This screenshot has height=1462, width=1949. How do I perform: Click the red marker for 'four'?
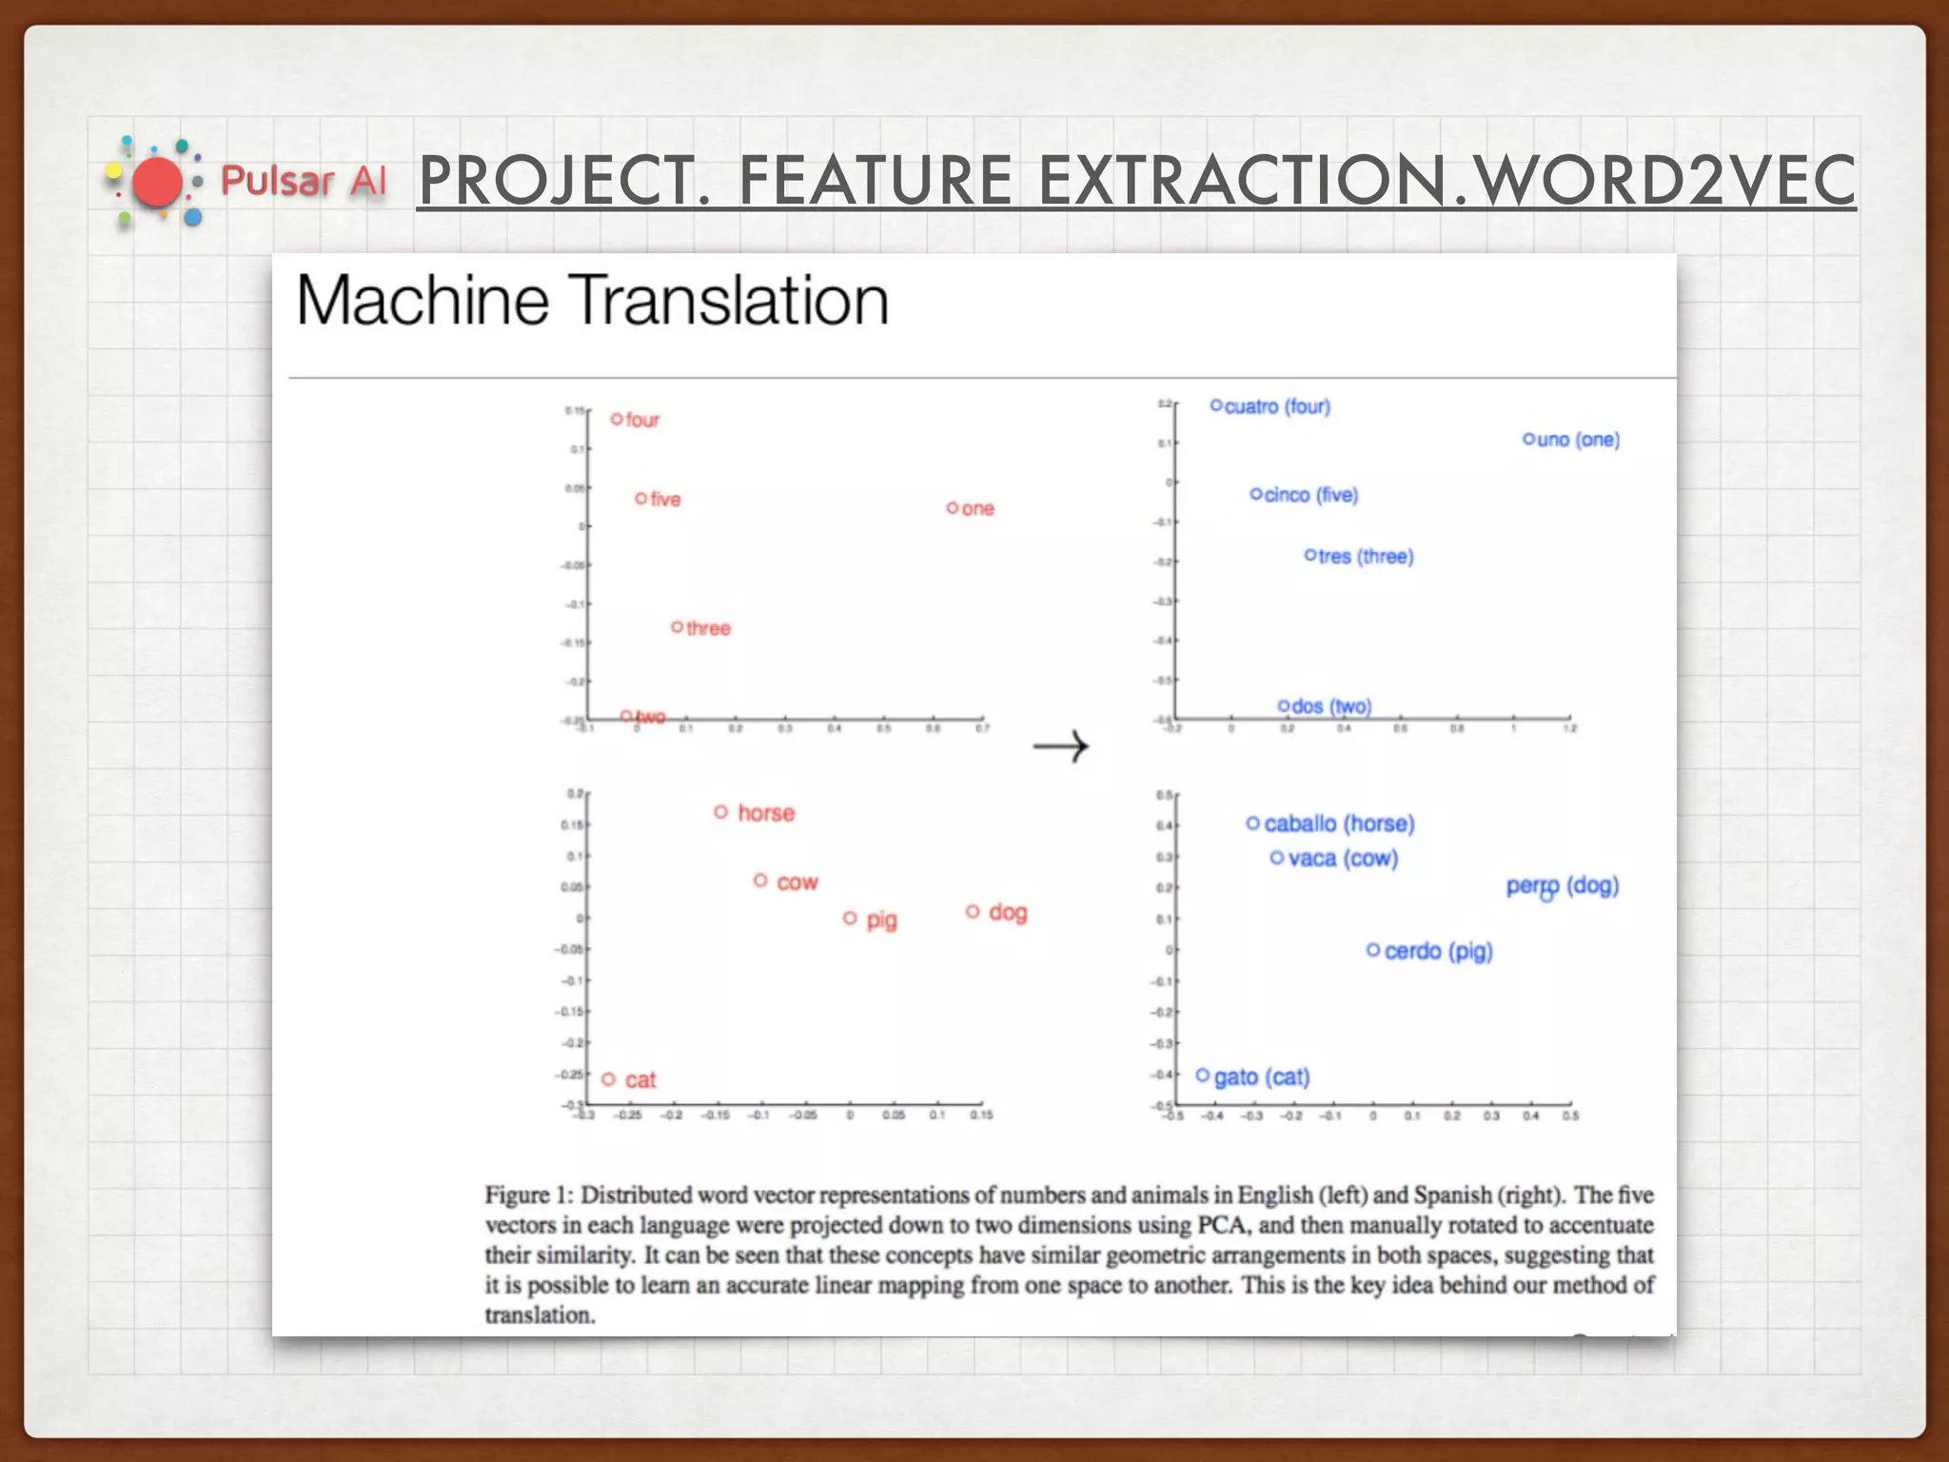click(x=617, y=419)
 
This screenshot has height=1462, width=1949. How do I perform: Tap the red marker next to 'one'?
click(x=952, y=508)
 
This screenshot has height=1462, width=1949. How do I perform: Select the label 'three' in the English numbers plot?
click(x=708, y=628)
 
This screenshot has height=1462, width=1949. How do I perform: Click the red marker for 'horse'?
click(x=720, y=812)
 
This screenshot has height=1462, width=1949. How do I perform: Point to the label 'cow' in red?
click(x=797, y=882)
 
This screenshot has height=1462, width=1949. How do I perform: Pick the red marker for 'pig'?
click(x=850, y=919)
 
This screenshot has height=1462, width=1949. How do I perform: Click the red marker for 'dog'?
click(x=973, y=912)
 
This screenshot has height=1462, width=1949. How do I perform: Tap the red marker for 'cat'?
click(x=609, y=1079)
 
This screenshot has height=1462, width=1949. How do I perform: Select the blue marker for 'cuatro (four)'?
click(x=1216, y=405)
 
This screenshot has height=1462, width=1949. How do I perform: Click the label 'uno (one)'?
click(x=1578, y=440)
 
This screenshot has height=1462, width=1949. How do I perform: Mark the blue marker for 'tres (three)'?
click(x=1310, y=555)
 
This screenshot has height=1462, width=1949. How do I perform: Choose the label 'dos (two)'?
click(x=1331, y=706)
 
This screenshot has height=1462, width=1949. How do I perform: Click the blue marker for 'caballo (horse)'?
click(x=1252, y=823)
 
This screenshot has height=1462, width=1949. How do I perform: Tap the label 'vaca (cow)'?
click(x=1343, y=859)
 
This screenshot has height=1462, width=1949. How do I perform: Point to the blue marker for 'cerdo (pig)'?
click(x=1373, y=950)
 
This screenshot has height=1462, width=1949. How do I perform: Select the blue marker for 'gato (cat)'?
click(x=1203, y=1076)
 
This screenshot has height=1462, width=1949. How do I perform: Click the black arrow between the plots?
click(x=1060, y=746)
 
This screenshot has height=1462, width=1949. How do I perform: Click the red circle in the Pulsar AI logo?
click(x=157, y=183)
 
